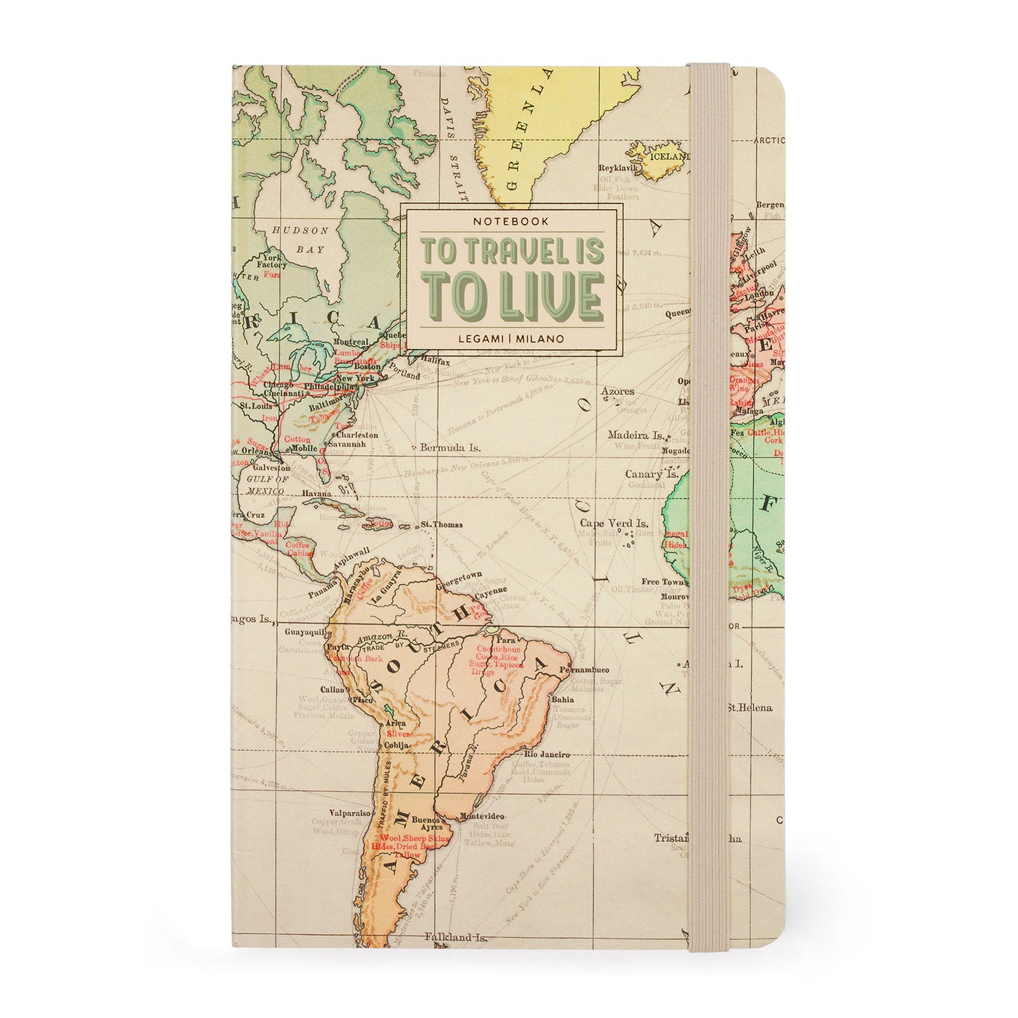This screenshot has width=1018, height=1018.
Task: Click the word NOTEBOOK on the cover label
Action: tap(511, 221)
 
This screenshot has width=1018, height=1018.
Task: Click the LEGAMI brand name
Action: tap(478, 338)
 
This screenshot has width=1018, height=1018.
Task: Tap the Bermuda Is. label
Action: tap(449, 447)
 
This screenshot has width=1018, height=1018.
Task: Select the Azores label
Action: tap(617, 390)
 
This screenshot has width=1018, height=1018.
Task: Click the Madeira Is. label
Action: tap(636, 435)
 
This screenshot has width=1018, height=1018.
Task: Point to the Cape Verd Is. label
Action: tap(614, 523)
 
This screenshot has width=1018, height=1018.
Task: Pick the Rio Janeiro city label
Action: tap(546, 755)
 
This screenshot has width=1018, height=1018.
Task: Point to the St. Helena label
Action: tap(750, 707)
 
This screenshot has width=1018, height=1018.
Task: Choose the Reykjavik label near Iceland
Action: tap(618, 168)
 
